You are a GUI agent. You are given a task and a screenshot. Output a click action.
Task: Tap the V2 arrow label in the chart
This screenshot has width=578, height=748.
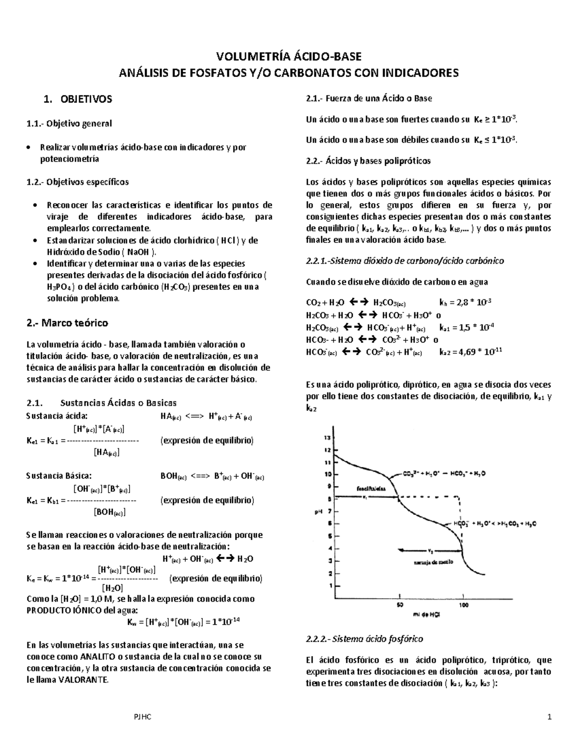coord(430,550)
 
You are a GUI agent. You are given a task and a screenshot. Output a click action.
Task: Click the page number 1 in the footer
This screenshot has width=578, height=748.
coord(549,717)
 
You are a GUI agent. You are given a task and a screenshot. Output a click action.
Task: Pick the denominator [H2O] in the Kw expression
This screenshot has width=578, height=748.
coord(112,588)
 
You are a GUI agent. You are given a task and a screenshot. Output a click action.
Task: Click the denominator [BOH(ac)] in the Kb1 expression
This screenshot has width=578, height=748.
coord(109,512)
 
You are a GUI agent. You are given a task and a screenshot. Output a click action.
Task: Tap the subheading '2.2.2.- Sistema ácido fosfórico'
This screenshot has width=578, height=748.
coord(364,639)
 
